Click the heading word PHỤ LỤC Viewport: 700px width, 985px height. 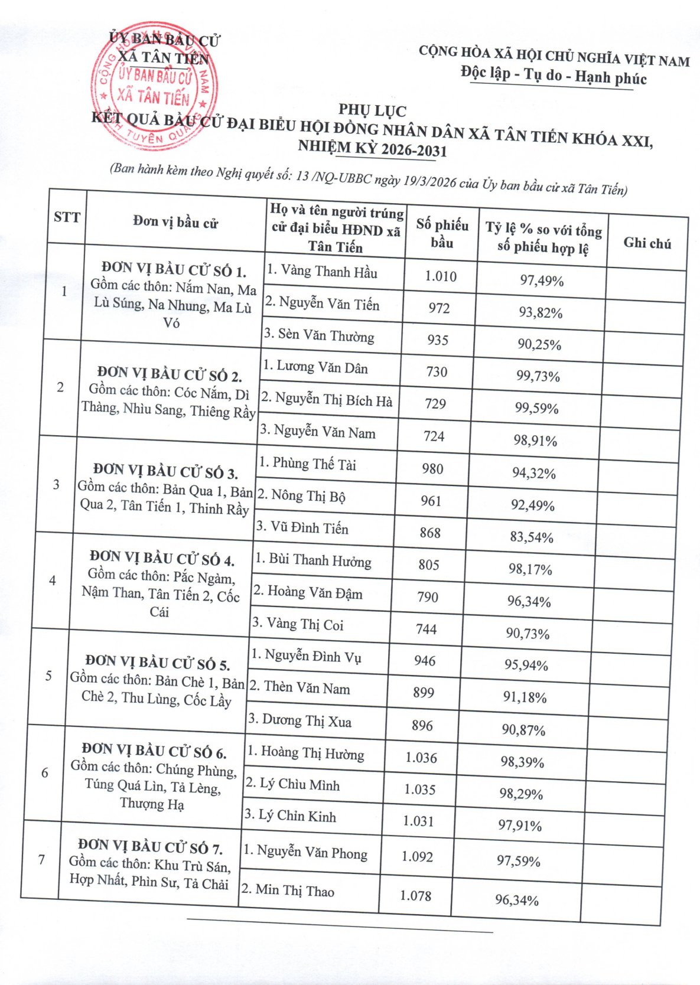pyautogui.click(x=372, y=110)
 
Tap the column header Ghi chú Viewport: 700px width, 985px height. pyautogui.click(x=647, y=243)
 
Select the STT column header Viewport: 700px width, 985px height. pyautogui.click(x=67, y=217)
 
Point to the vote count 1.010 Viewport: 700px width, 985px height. pyautogui.click(x=441, y=276)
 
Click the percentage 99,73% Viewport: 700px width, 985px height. pyautogui.click(x=538, y=376)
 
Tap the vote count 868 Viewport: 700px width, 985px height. pyautogui.click(x=430, y=533)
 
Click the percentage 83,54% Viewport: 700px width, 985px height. pyautogui.click(x=532, y=537)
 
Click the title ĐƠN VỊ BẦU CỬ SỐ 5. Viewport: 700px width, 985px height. pyautogui.click(x=158, y=662)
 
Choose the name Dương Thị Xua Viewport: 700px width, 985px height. pyautogui.click(x=299, y=720)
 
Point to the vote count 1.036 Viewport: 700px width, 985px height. pyautogui.click(x=421, y=758)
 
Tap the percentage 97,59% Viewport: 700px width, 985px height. pyautogui.click(x=518, y=861)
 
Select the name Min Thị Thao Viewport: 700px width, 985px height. pyautogui.click(x=288, y=891)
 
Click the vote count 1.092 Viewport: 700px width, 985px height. pyautogui.click(x=417, y=856)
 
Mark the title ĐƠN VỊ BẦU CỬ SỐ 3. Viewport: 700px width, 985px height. pyautogui.click(x=166, y=471)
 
